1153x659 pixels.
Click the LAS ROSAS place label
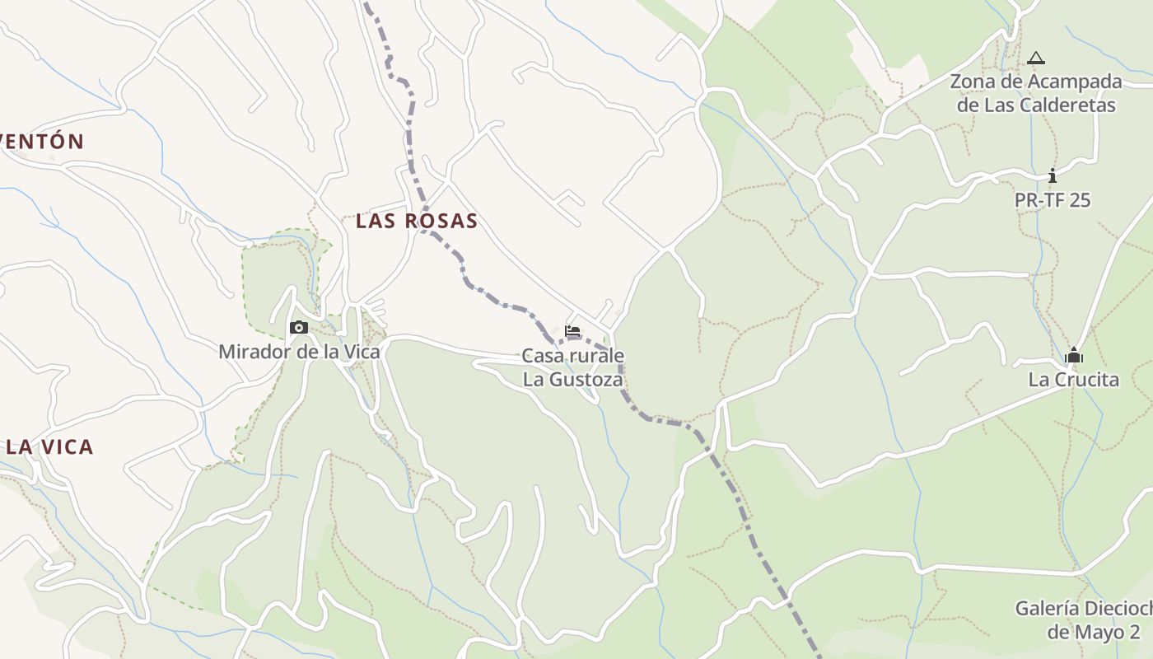pos(417,221)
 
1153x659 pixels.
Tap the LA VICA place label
pos(49,447)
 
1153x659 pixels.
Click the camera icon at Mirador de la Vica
pos(299,328)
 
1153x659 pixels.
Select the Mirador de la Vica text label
pos(299,352)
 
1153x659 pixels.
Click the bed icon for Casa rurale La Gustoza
pos(572,331)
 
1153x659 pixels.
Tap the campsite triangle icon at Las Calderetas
pos(1036,58)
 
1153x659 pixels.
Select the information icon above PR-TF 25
pos(1052,175)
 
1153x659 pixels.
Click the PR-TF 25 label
pos(1052,200)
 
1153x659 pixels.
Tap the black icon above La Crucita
pos(1073,356)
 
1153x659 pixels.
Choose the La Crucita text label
pos(1073,380)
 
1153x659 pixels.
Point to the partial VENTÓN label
pos(42,142)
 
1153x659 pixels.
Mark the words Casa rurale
pos(572,356)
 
